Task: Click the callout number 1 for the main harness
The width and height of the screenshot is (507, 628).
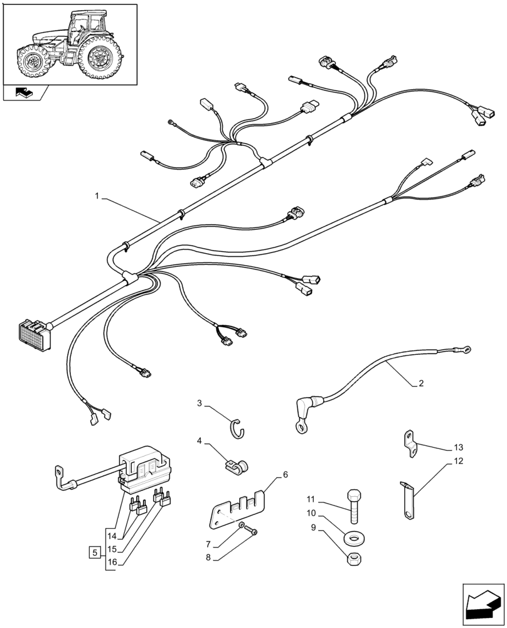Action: click(97, 197)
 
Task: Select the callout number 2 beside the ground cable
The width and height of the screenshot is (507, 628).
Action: click(420, 383)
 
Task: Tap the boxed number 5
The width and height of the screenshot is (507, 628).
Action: click(94, 553)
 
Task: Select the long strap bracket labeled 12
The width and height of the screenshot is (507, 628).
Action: click(407, 500)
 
